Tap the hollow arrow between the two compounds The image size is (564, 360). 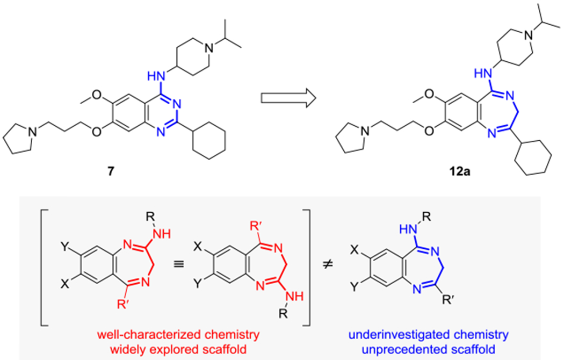[287, 98]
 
